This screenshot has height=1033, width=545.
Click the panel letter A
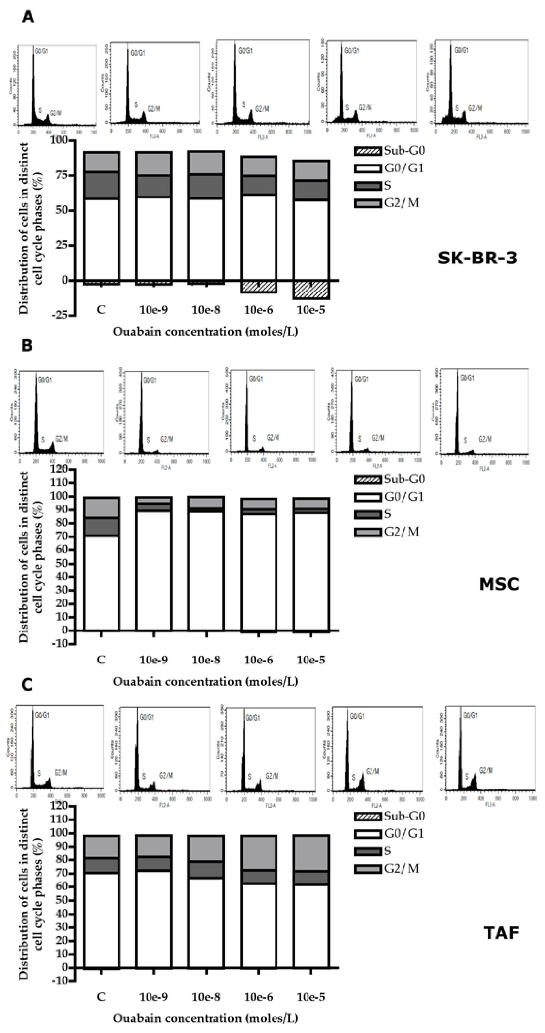[x=28, y=17]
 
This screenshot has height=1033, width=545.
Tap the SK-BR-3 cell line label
[x=477, y=258]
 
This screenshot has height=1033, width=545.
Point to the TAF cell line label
[x=501, y=933]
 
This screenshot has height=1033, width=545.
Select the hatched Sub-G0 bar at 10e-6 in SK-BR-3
[x=259, y=286]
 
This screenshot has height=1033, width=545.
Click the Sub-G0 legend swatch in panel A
[x=367, y=151]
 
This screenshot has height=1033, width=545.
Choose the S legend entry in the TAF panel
[x=387, y=851]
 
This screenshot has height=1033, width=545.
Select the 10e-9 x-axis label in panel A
[x=154, y=310]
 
